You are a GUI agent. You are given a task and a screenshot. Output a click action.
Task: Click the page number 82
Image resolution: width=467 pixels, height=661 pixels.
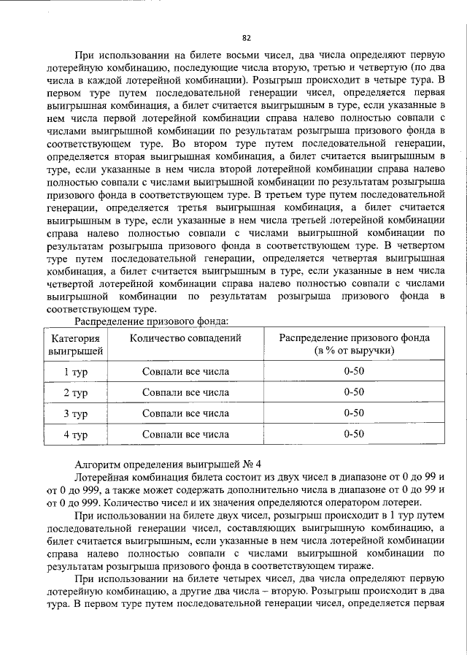pos(246,38)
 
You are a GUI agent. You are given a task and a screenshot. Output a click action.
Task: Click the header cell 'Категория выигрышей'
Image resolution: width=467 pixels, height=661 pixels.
pos(75,344)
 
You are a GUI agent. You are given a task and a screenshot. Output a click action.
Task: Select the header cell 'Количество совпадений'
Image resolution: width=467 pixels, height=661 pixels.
pos(185,337)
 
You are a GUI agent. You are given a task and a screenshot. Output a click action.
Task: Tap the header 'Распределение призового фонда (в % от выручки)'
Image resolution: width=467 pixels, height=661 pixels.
pos(355,344)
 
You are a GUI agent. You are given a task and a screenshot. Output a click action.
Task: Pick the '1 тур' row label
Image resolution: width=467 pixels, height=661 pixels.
pos(75,372)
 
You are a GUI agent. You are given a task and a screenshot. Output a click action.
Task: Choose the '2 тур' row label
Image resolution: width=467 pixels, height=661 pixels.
pos(75,393)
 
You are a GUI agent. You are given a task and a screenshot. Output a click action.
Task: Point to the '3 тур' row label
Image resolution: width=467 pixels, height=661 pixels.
pos(75,414)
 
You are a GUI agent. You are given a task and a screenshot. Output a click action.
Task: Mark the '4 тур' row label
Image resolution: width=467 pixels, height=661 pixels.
pos(75,435)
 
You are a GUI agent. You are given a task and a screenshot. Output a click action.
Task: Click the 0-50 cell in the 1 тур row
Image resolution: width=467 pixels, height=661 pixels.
pos(354,371)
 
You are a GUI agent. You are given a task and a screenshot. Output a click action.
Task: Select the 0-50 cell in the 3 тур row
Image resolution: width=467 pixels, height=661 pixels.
pos(354,413)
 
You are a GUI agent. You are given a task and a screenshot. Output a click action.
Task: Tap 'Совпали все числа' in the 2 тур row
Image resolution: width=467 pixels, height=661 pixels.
pos(185,392)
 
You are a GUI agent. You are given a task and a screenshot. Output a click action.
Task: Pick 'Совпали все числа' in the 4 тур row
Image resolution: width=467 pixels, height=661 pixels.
pos(185,435)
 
